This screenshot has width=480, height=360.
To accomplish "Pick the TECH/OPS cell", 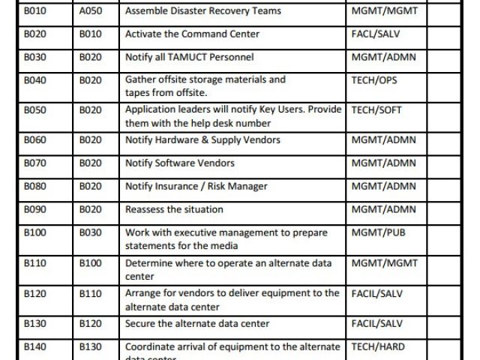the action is pyautogui.click(x=375, y=79).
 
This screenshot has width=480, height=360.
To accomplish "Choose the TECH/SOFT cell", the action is pyautogui.click(x=376, y=110).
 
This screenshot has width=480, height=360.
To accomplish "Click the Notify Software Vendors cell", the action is pyautogui.click(x=180, y=163).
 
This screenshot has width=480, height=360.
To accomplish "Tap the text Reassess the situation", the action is pyautogui.click(x=172, y=209).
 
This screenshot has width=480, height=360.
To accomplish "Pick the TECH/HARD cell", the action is pyautogui.click(x=378, y=347).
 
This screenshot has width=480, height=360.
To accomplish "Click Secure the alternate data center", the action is pyautogui.click(x=197, y=324).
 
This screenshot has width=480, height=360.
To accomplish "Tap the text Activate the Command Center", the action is pyautogui.click(x=192, y=34).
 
